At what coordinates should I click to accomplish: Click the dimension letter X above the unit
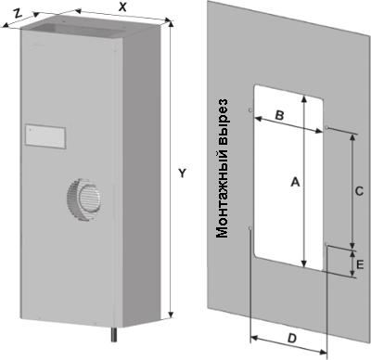(122, 7)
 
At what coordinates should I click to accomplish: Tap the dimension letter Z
(19, 13)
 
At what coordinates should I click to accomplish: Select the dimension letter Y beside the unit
(183, 174)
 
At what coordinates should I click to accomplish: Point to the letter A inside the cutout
(296, 182)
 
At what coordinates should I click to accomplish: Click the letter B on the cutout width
(279, 116)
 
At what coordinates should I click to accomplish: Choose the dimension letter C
(359, 191)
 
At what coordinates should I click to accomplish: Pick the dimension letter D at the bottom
(291, 339)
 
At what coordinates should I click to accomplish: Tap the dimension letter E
(360, 264)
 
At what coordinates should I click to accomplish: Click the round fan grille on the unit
(84, 199)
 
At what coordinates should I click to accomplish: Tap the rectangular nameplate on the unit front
(45, 136)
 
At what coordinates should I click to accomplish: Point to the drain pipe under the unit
(115, 334)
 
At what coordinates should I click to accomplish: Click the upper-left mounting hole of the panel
(250, 110)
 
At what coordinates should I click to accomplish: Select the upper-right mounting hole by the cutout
(327, 127)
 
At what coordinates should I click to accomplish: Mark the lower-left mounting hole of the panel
(250, 228)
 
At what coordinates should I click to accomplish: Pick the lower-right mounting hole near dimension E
(326, 245)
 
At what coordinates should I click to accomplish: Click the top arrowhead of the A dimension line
(304, 99)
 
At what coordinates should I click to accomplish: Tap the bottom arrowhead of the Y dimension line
(171, 315)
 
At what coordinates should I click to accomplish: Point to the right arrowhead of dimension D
(323, 352)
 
